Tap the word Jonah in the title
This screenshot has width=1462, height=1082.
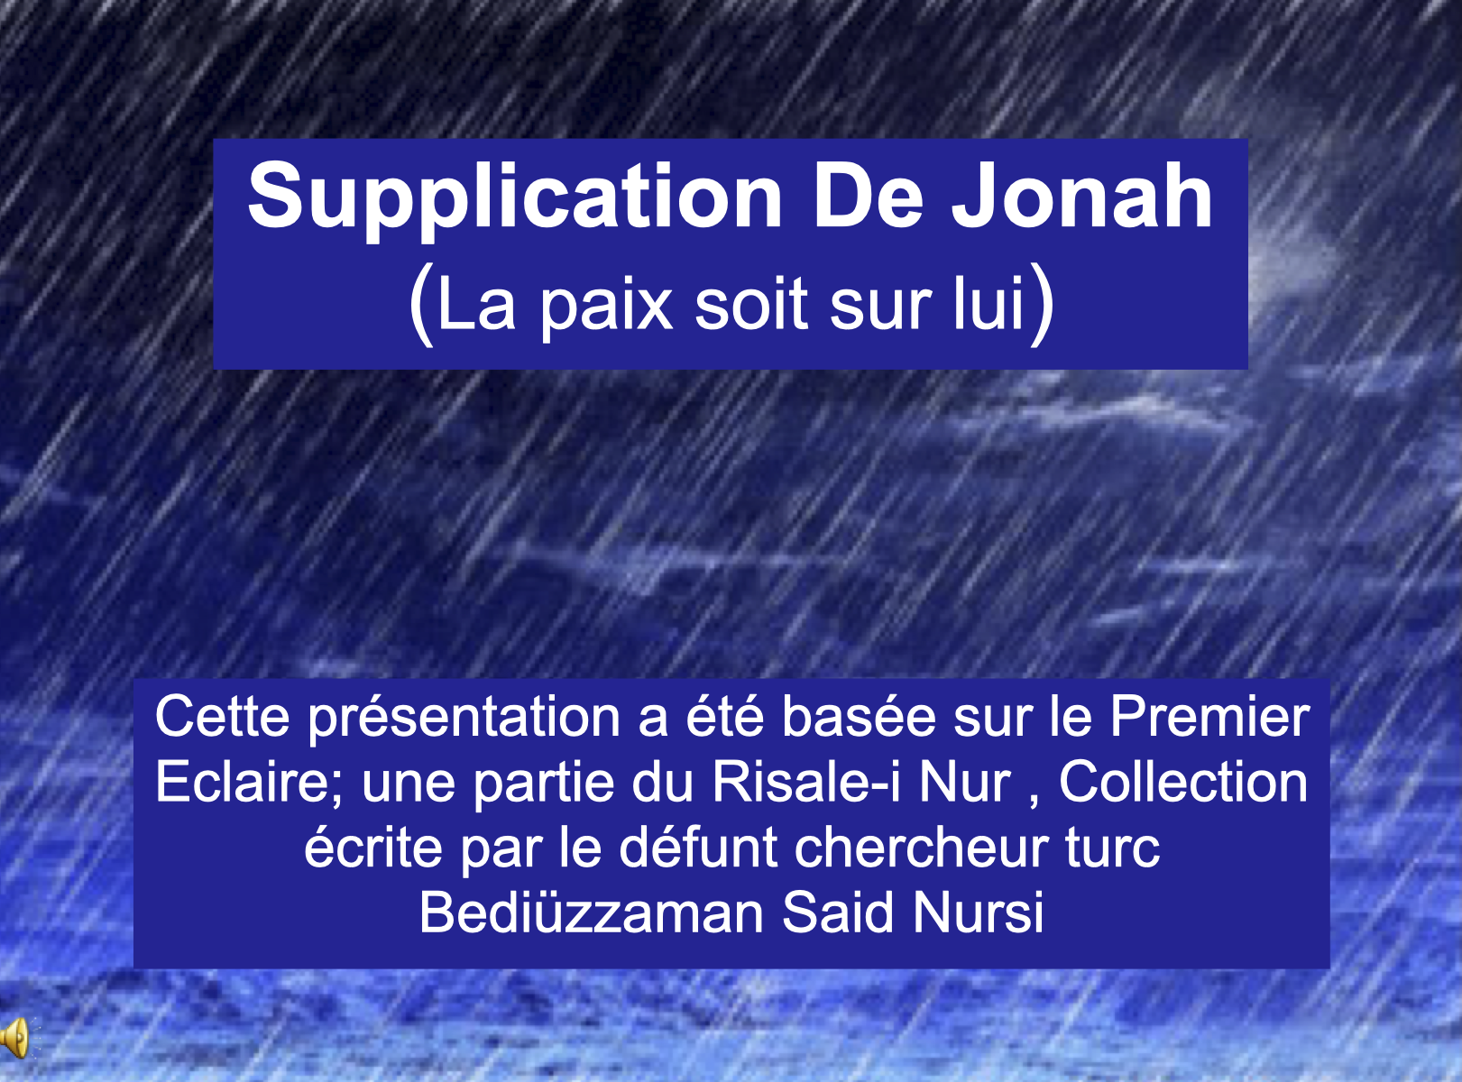(x=1081, y=196)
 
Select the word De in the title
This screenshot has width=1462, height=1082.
(x=868, y=197)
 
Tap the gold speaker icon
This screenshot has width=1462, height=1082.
(x=15, y=1038)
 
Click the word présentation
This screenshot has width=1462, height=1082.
(x=464, y=720)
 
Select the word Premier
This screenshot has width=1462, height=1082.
(x=1210, y=716)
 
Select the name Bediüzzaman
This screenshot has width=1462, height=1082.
(x=592, y=912)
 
